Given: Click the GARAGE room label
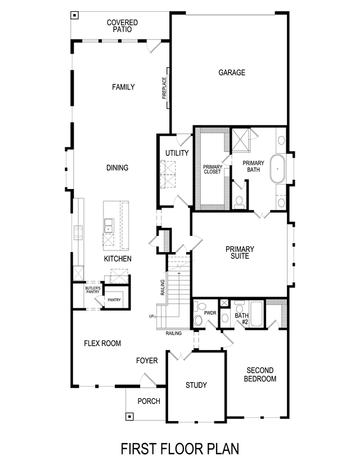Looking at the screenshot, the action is pos(232,73).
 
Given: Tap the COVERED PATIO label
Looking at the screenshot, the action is pos(123,26).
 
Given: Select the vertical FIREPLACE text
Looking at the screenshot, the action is pos(164,88).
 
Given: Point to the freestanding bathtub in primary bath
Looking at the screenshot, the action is pos(277,169).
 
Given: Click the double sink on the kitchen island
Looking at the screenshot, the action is pos(108,225).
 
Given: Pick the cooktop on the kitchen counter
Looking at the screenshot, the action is pos(78,232).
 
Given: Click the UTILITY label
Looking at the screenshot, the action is pos(177,153).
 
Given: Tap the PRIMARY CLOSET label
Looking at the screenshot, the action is pos(213,169).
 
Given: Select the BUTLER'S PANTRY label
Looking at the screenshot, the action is pos(93,290).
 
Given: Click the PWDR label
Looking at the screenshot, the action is pos(210,313).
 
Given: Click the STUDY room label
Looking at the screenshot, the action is pos(196,385).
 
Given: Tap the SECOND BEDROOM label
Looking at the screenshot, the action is pos(260,374).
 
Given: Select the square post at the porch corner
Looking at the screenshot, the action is pos(129,416).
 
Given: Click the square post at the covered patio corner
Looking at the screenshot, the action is pos(75,15).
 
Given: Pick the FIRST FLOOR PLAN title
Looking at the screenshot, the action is pos(180,449).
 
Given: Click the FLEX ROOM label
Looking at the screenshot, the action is pos(102,343).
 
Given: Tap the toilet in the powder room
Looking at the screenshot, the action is pos(198,320).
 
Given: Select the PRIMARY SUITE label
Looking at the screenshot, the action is pos(240,252).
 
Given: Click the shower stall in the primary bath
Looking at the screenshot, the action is pos(241,140).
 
